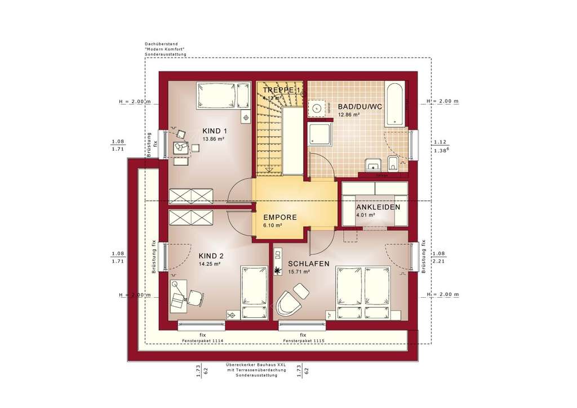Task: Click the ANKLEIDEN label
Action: pyautogui.click(x=378, y=207)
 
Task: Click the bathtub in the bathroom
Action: pyautogui.click(x=394, y=104)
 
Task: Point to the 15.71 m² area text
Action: pyautogui.click(x=299, y=271)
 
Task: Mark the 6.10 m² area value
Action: pyautogui.click(x=272, y=225)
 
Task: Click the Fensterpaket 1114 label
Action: pyautogui.click(x=202, y=341)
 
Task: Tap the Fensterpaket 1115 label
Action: pyautogui.click(x=303, y=341)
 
